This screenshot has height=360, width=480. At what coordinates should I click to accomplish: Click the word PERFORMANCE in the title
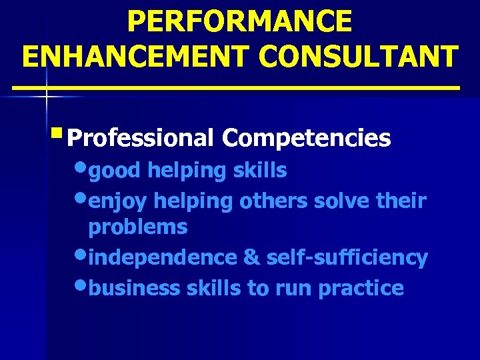[239, 21]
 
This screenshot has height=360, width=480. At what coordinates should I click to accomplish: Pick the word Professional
[141, 139]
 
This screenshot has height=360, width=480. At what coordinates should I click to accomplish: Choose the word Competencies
[307, 138]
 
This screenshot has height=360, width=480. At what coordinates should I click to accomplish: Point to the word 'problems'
[138, 227]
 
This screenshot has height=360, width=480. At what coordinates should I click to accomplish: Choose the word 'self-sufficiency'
[347, 257]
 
